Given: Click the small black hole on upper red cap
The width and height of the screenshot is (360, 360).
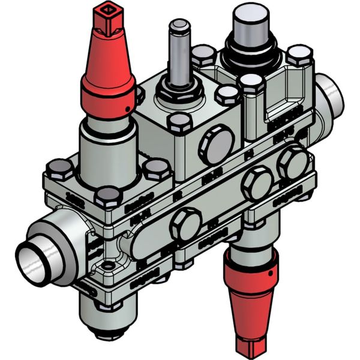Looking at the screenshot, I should (128, 108).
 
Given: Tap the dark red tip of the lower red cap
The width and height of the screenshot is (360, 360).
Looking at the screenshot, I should (248, 343).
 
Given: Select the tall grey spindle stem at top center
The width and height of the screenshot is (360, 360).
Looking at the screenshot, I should (179, 54).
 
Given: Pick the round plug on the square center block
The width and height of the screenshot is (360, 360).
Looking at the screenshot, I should (217, 144).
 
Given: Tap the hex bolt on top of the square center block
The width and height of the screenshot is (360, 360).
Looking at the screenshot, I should (180, 124).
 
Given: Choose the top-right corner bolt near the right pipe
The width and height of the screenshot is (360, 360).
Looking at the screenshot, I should (298, 56).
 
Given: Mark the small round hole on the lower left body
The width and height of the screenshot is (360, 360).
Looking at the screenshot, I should (107, 265).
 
